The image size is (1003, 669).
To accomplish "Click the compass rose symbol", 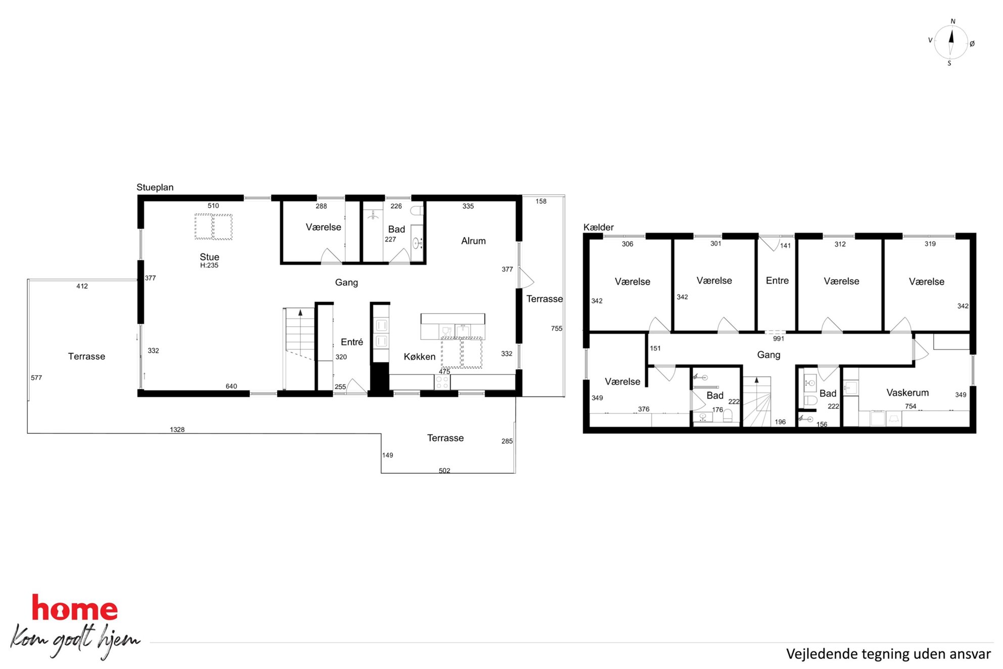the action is pos(951,42).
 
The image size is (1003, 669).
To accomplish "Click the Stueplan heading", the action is pos(155,187).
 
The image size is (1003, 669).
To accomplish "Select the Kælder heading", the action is pos(599,227).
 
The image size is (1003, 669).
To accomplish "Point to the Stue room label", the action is pos(209,257).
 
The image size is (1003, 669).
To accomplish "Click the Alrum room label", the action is pos(473,241).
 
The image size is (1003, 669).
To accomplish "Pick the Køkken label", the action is pos(420,356).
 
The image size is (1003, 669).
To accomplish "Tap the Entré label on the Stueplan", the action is pos(352,342).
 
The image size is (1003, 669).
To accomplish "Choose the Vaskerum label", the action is pos(907,392).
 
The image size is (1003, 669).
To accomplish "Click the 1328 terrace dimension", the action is pos(177,429).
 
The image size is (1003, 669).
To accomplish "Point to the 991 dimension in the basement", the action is pos(779,339).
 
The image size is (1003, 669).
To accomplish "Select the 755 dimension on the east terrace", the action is pos(557,328).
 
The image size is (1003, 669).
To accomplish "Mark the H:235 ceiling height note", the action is pos(209,265).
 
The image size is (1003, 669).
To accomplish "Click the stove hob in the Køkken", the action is pos(442,382).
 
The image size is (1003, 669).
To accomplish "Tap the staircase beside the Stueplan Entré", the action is pos(300,349).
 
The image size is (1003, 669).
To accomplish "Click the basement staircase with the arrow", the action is pos(757,402).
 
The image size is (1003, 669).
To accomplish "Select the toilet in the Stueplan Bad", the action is pos(417,210).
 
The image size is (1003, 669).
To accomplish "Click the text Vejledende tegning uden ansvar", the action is pos(888,654).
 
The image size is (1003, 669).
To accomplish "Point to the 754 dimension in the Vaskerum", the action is pos(910,406).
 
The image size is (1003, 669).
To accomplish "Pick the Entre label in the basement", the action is pos(777,280).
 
